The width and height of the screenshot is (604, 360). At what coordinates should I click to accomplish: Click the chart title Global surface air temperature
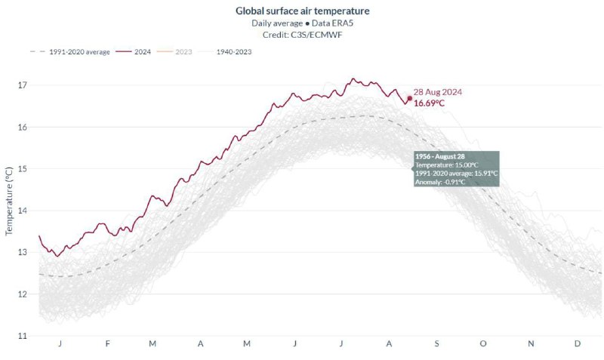[x=303, y=11]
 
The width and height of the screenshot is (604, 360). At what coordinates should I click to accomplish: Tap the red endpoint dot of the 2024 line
[x=409, y=98]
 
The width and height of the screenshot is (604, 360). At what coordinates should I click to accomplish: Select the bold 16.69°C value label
[x=429, y=103]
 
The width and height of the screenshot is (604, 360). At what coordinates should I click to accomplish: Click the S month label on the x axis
[x=436, y=344]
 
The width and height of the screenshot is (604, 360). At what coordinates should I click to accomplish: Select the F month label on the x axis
[x=107, y=344]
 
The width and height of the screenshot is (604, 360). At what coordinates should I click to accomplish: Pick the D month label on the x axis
[x=578, y=344]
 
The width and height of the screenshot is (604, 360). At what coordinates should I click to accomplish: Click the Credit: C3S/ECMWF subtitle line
[x=303, y=33]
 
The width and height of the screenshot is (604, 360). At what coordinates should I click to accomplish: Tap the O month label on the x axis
[x=483, y=344]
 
